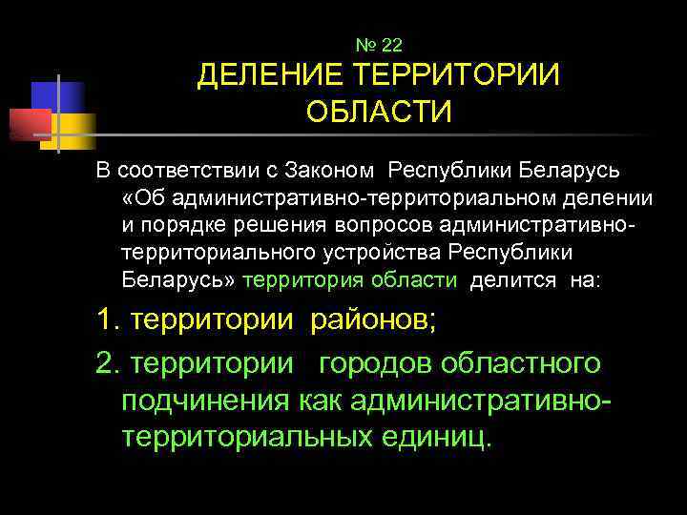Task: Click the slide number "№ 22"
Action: click(x=379, y=45)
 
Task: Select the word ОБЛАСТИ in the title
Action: click(x=379, y=113)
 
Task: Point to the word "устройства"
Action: click(x=392, y=253)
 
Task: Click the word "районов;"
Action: click(x=373, y=319)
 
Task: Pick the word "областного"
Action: click(x=529, y=363)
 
